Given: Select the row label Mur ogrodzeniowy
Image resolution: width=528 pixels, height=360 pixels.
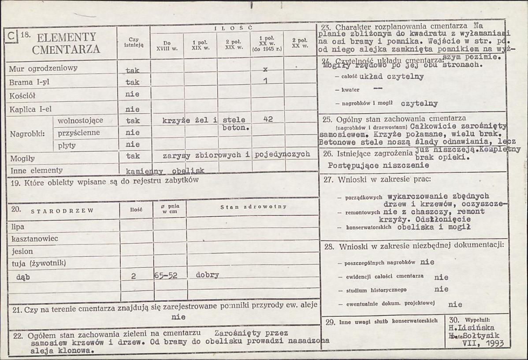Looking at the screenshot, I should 43,68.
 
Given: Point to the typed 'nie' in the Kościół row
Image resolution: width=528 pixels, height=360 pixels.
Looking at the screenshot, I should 132,94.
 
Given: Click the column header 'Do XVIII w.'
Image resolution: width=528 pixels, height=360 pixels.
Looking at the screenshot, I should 167,46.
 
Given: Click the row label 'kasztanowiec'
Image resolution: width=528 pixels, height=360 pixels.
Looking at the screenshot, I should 35,238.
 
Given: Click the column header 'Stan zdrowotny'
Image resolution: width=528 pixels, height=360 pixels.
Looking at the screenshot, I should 253,207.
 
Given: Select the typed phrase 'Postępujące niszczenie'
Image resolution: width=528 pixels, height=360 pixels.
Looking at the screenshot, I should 379,165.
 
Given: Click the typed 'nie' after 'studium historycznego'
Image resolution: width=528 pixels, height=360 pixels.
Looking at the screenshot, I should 441,289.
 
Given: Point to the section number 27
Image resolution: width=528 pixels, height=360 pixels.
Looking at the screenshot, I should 328,180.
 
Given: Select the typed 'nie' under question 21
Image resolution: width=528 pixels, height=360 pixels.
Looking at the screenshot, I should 178,317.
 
